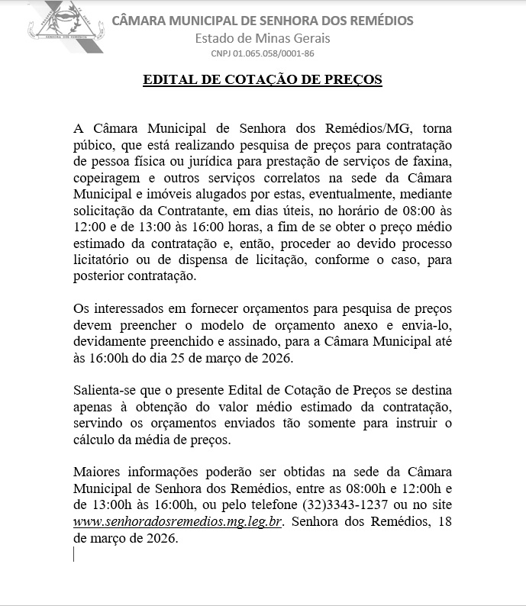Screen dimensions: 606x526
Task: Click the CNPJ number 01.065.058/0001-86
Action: pos(263,54)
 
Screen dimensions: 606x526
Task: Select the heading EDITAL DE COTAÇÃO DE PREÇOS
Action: pos(263,79)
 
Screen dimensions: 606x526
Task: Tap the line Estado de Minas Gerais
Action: pos(263,38)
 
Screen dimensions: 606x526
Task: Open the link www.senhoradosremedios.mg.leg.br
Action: pos(179,521)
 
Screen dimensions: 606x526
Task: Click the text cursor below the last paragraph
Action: pos(74,554)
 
